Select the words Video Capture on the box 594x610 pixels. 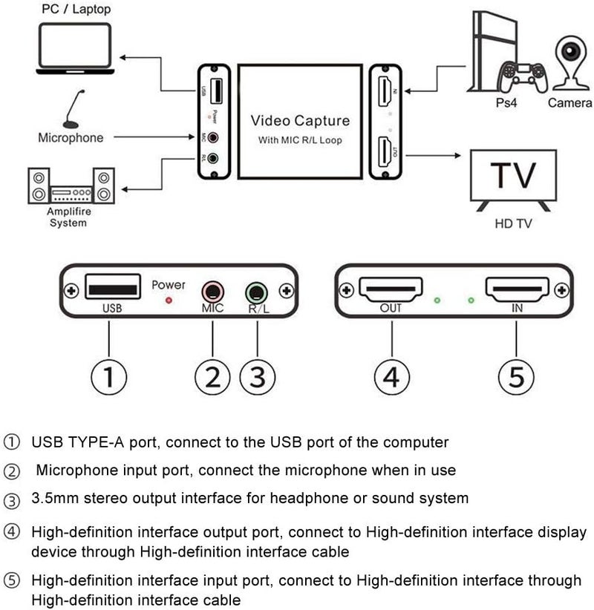click(x=300, y=120)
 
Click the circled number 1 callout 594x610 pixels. click(x=108, y=378)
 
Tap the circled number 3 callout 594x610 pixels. click(x=257, y=378)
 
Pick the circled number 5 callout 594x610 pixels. click(x=516, y=378)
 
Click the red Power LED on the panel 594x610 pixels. click(x=169, y=301)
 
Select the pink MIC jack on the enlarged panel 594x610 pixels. click(x=212, y=290)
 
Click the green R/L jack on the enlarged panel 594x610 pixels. click(x=256, y=290)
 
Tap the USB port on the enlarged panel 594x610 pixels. click(x=111, y=286)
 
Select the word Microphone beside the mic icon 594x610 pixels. click(x=71, y=138)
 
